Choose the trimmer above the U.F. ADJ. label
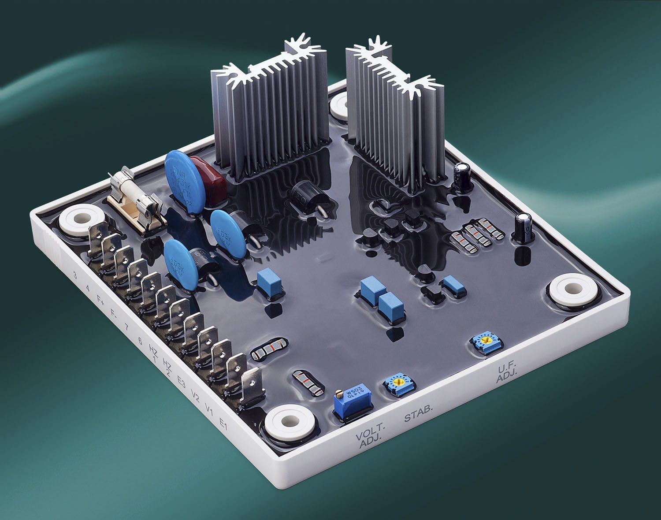pyautogui.click(x=482, y=342)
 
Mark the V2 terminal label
pyautogui.click(x=195, y=397)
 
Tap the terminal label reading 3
pyautogui.click(x=76, y=276)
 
